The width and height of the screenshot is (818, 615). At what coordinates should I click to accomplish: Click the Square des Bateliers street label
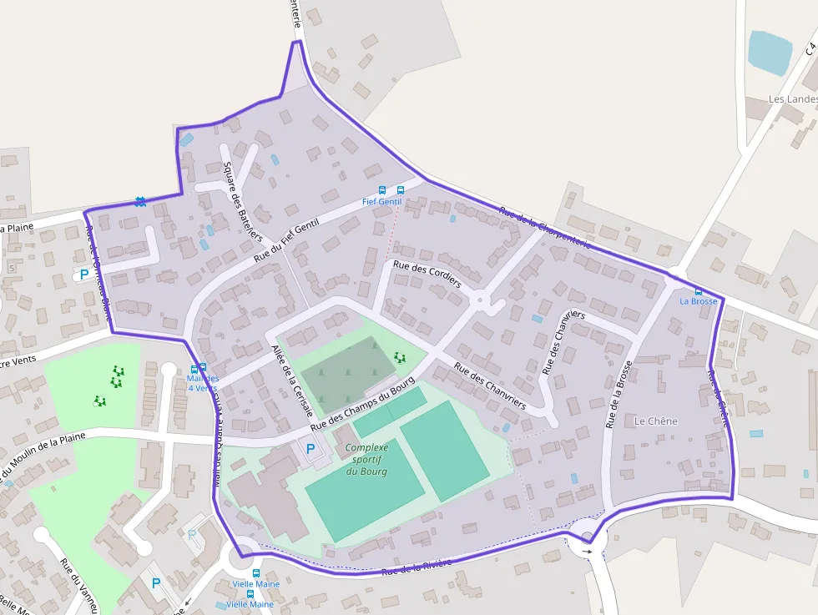click(242, 199)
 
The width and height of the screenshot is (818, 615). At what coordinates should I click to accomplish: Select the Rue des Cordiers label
click(427, 274)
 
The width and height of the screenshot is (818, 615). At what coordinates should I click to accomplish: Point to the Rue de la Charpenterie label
click(544, 227)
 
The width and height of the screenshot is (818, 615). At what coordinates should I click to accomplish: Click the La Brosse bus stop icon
click(699, 291)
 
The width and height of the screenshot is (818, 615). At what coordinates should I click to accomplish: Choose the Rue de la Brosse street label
click(619, 394)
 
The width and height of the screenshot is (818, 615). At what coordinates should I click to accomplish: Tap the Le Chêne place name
click(656, 421)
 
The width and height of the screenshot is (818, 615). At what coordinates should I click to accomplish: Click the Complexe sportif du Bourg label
click(366, 460)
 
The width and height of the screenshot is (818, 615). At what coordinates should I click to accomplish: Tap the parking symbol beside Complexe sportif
click(311, 449)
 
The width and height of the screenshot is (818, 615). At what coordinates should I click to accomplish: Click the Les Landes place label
click(791, 99)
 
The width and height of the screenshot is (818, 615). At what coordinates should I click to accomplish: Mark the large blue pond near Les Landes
click(769, 52)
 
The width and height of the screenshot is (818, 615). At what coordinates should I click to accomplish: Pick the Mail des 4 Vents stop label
click(202, 383)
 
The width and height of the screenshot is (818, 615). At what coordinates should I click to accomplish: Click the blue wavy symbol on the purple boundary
click(140, 201)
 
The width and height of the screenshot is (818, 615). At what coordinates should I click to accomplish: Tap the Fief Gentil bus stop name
click(381, 202)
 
